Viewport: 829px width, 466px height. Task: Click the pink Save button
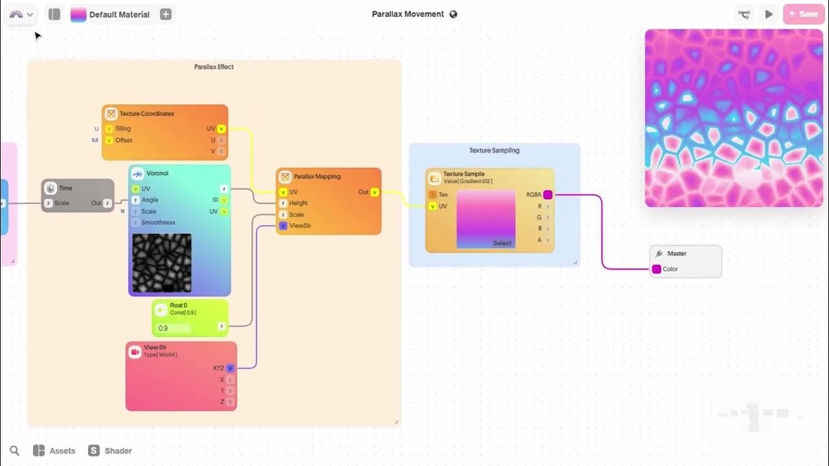click(x=803, y=14)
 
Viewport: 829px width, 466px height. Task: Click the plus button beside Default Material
click(x=166, y=14)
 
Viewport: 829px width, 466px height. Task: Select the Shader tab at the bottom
click(x=111, y=450)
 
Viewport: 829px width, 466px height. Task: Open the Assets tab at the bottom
click(x=55, y=450)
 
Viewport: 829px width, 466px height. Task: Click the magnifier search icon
click(x=14, y=450)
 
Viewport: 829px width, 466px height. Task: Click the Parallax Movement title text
click(x=407, y=14)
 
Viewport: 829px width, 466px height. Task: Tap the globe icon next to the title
click(x=453, y=14)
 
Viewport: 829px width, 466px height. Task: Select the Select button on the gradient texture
click(x=502, y=243)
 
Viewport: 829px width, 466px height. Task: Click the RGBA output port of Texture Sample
click(x=548, y=195)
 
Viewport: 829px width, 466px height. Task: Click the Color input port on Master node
click(x=657, y=269)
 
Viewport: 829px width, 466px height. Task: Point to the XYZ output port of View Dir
click(x=230, y=368)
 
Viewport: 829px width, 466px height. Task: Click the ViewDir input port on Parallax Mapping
click(x=283, y=226)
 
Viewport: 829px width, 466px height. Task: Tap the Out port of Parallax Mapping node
click(x=374, y=192)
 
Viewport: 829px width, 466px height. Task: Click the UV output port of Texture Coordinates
click(x=221, y=129)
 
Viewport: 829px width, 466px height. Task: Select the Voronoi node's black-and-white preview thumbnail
click(x=162, y=263)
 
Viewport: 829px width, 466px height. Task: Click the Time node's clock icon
click(x=51, y=188)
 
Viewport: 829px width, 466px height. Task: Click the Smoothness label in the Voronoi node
click(x=158, y=223)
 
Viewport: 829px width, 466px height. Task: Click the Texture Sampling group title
click(x=494, y=150)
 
